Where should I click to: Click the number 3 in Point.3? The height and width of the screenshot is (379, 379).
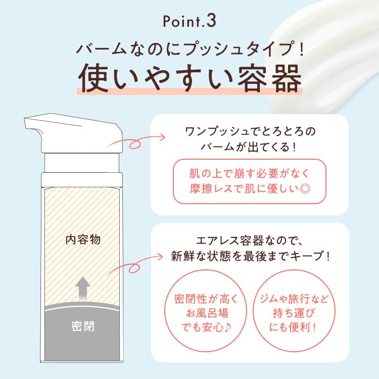[212, 22]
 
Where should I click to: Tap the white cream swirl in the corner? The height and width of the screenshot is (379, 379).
[328, 45]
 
